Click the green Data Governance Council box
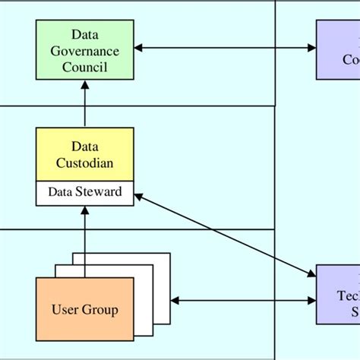pyautogui.click(x=84, y=50)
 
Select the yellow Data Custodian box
pyautogui.click(x=84, y=154)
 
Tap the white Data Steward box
pyautogui.click(x=84, y=193)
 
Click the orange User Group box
pyautogui.click(x=85, y=310)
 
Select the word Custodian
pyautogui.click(x=85, y=162)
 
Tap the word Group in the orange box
pyautogui.click(x=102, y=310)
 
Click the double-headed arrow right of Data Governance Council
pyautogui.click(x=225, y=48)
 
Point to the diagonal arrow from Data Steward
pyautogui.click(x=225, y=233)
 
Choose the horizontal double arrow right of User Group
pyautogui.click(x=243, y=301)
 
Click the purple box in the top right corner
pyautogui.click(x=339, y=50)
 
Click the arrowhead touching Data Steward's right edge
pyautogui.click(x=139, y=197)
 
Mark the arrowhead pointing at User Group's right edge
pyautogui.click(x=176, y=301)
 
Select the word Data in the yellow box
pyautogui.click(x=85, y=146)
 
